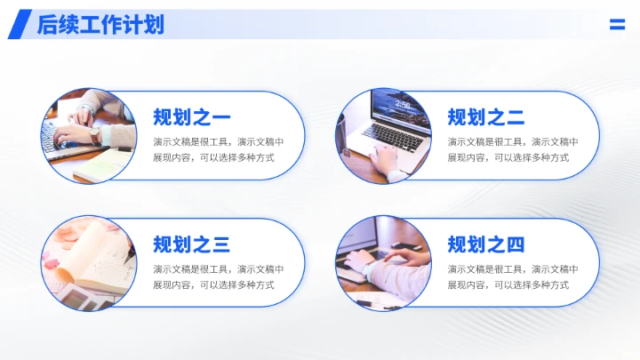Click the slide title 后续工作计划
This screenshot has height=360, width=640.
click(100, 25)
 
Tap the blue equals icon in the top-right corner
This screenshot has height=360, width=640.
click(617, 25)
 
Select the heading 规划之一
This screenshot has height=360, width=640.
click(192, 116)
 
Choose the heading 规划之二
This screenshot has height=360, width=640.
click(486, 116)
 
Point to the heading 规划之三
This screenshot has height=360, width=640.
click(192, 244)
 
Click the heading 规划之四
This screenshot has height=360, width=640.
click(486, 244)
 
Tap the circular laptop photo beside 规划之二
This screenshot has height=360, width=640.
click(382, 135)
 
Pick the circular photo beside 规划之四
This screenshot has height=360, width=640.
click(382, 263)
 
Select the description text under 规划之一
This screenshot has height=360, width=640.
click(218, 149)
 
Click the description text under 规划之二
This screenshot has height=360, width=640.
click(513, 149)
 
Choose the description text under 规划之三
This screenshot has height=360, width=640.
click(218, 277)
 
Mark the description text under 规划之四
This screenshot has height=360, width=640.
click(513, 277)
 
